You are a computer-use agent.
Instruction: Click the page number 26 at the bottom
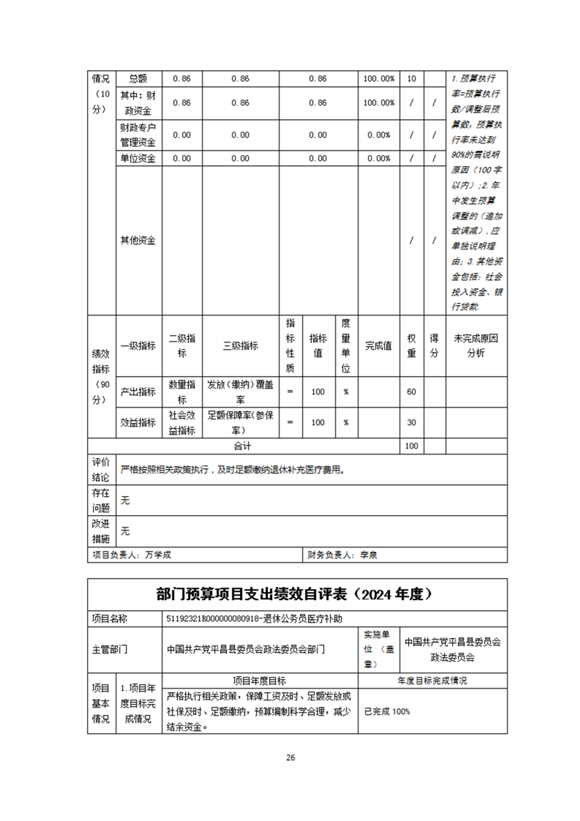point(290,757)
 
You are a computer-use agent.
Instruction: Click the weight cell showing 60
point(411,391)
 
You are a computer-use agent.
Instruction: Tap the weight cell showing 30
point(411,422)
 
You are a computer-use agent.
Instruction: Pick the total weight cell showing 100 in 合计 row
point(411,446)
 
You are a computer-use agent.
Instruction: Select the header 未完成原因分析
point(475,345)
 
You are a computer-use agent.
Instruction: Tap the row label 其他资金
point(138,240)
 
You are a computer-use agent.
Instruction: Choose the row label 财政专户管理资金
point(138,135)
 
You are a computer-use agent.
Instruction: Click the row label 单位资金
point(138,158)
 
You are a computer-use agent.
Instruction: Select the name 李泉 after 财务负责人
point(368,555)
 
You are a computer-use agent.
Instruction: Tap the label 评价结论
point(100,469)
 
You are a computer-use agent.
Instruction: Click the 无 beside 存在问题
point(125,501)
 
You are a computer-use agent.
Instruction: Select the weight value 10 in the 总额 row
point(411,78)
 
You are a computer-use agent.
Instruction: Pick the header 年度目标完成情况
point(432,681)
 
